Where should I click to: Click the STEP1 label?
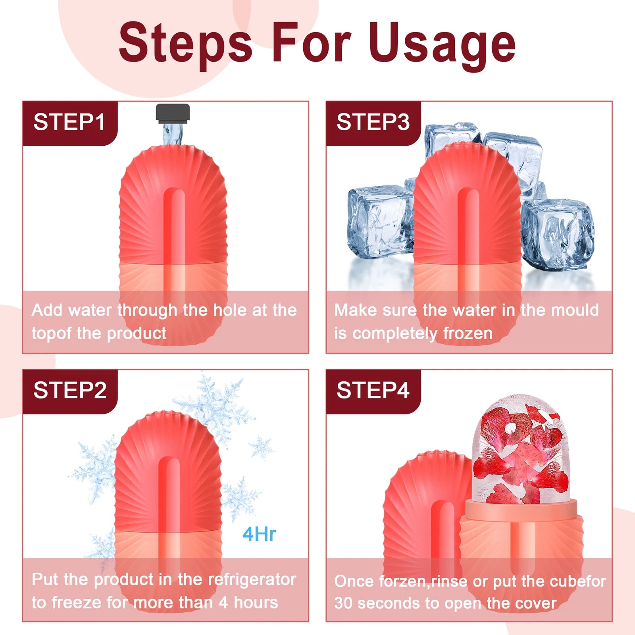click(x=69, y=122)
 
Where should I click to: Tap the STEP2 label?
click(x=70, y=390)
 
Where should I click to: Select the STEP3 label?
click(x=373, y=122)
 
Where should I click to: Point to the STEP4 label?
click(x=373, y=390)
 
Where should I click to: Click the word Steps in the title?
click(x=185, y=44)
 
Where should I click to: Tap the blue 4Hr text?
click(x=259, y=534)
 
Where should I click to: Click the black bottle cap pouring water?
click(x=173, y=112)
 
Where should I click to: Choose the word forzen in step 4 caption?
click(x=403, y=581)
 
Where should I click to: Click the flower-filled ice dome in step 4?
click(x=520, y=452)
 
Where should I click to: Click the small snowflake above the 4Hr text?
click(x=261, y=447)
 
